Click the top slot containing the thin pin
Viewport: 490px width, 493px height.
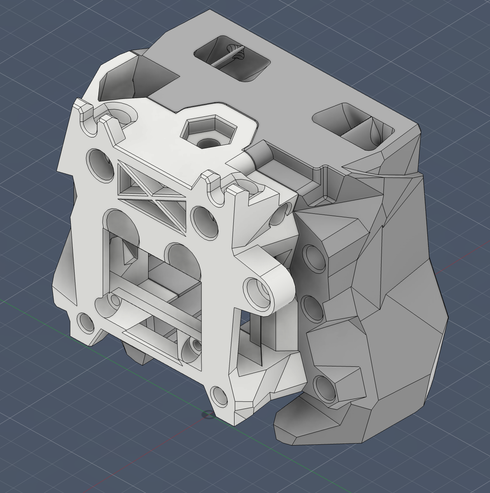(x=232, y=58)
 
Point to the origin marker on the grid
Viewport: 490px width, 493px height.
(x=208, y=415)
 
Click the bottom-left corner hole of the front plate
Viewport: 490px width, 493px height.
(x=86, y=322)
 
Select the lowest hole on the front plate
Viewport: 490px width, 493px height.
(x=219, y=397)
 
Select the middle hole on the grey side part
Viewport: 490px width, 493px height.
(x=313, y=308)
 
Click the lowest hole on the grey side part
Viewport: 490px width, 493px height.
(x=325, y=388)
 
